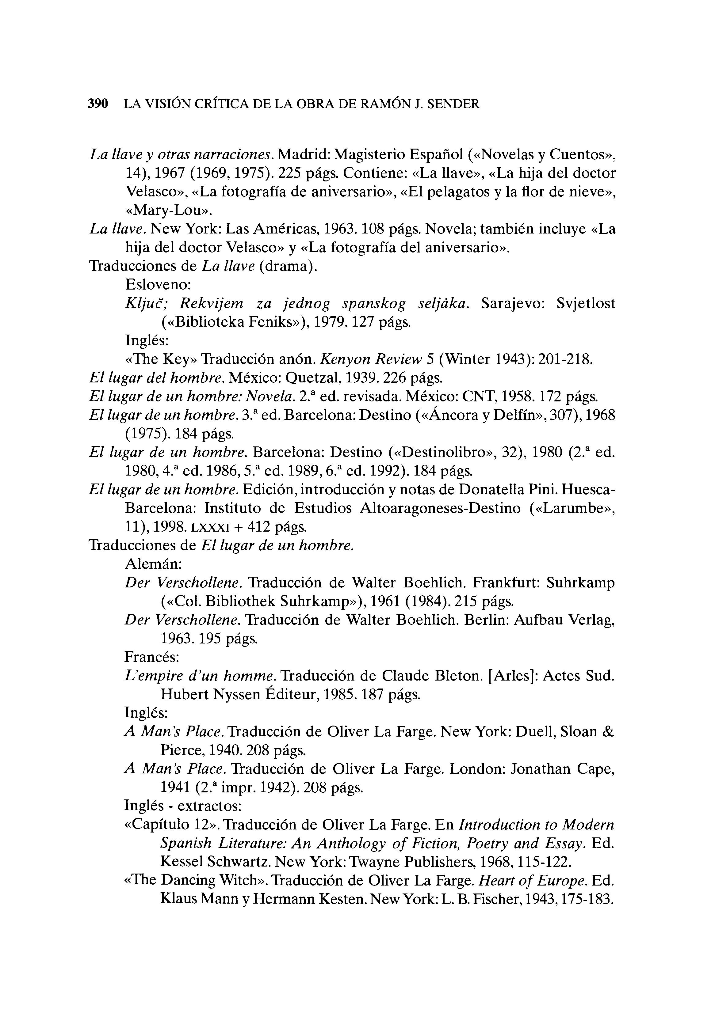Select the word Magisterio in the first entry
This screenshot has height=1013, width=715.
pyautogui.click(x=369, y=154)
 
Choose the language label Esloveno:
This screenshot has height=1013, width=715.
pyautogui.click(x=158, y=285)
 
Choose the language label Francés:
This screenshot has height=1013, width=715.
pyautogui.click(x=152, y=657)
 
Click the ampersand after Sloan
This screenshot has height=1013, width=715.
pyautogui.click(x=608, y=732)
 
